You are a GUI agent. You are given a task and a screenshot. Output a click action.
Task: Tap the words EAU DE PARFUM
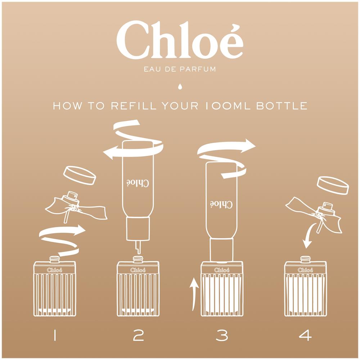tap(180, 69)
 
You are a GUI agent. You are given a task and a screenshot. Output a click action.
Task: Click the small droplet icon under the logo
tap(180, 86)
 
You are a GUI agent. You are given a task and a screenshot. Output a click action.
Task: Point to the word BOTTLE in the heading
tap(282, 106)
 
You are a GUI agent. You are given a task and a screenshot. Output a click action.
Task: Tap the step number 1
tap(55, 335)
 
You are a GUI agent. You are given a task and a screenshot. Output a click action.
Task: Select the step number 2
tap(138, 335)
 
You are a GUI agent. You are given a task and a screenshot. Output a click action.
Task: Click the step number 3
tap(222, 335)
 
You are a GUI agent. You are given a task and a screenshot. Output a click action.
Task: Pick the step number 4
tap(305, 335)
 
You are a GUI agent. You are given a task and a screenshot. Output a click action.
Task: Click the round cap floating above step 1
tap(80, 175)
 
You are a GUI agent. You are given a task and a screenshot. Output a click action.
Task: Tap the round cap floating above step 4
tap(333, 185)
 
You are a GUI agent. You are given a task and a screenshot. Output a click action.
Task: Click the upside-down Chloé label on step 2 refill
tap(138, 183)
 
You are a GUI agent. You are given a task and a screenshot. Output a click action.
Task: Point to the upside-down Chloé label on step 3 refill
tap(221, 204)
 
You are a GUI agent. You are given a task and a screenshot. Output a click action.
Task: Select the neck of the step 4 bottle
tap(305, 259)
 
